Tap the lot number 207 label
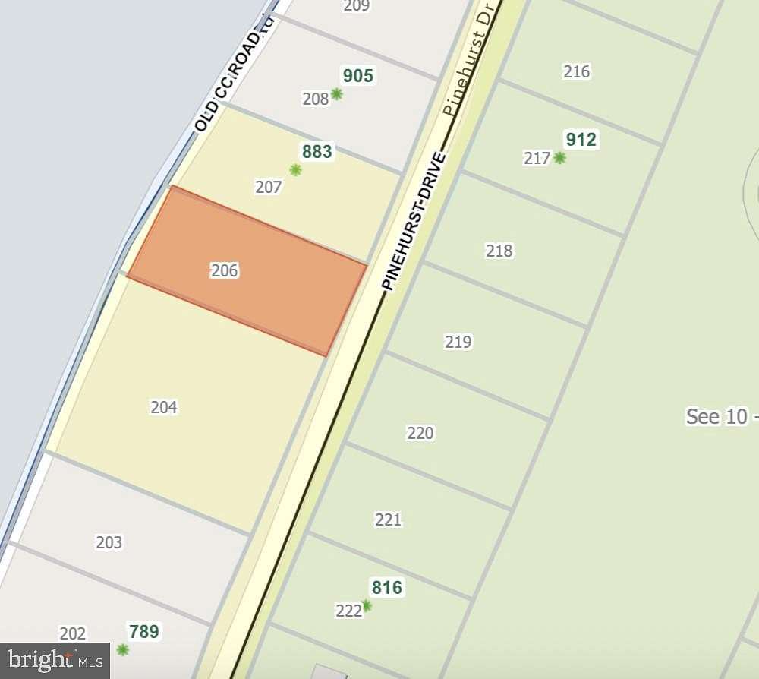[269, 187]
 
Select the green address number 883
[317, 152]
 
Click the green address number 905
[358, 76]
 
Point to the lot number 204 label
[164, 407]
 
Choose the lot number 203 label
[109, 542]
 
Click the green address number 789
[143, 632]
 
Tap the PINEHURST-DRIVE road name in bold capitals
[414, 221]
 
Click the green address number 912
[581, 140]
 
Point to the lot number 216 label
[577, 72]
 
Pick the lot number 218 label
[499, 251]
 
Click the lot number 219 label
[458, 342]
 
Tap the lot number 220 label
[420, 433]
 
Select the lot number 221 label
[388, 520]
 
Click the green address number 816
[386, 588]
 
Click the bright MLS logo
[52, 661]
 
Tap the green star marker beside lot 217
[559, 158]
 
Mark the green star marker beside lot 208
[336, 94]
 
